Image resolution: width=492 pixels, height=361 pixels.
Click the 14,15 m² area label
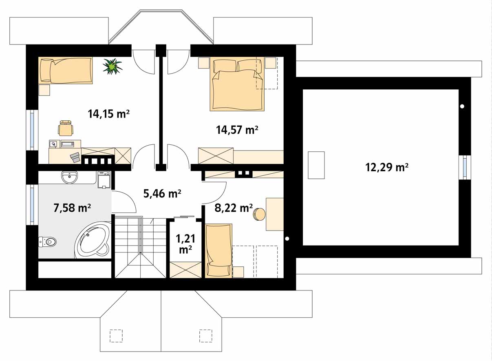point(108,114)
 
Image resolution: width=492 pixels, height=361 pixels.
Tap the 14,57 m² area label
point(237,130)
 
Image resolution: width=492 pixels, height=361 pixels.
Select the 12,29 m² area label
point(387,167)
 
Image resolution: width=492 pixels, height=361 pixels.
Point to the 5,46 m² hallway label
point(162,193)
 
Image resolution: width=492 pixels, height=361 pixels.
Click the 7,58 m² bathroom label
point(72,208)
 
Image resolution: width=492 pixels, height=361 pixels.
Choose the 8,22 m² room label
point(234,208)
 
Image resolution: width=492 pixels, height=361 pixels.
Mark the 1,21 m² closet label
point(185,244)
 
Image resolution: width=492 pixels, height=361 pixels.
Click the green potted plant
point(113,66)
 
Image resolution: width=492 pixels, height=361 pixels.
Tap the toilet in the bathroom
point(47,242)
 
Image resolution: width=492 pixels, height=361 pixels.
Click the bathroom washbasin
point(69,177)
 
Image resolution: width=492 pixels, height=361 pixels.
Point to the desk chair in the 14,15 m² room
point(66,128)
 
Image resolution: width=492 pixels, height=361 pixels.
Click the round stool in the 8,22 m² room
point(259,214)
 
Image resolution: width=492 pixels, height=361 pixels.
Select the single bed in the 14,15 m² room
point(66,70)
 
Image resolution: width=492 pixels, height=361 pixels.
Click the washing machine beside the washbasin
point(104,180)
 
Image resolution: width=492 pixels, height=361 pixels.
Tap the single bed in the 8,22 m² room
point(218,251)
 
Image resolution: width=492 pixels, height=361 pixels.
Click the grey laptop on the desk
point(75,157)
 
